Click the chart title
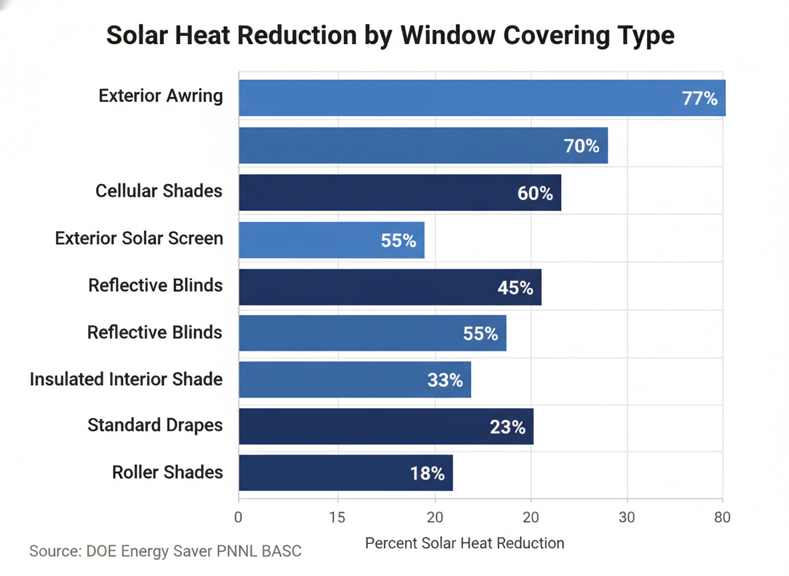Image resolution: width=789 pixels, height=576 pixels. tap(391, 35)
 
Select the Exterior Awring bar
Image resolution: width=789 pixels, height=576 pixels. tap(481, 98)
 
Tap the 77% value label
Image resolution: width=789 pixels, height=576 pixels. tap(699, 99)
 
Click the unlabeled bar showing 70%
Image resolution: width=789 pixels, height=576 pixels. tap(422, 145)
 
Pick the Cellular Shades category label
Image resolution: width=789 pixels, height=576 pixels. tap(159, 191)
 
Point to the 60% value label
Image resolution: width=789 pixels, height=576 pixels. tap(535, 193)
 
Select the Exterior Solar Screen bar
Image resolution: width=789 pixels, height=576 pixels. tap(331, 240)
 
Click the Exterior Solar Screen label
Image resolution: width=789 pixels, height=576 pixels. tap(139, 238)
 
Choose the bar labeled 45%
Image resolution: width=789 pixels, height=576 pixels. tap(389, 287)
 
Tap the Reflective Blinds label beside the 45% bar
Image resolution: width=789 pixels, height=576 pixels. tap(155, 285)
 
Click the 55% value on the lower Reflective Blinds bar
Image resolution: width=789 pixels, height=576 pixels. tap(480, 333)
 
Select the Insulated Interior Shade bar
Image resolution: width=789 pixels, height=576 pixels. tap(355, 379)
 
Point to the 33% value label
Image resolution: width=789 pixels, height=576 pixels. tap(444, 380)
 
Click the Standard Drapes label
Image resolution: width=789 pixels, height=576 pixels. tap(155, 425)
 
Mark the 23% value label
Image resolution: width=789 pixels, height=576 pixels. tap(507, 427)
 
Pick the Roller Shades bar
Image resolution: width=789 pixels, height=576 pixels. tap(345, 473)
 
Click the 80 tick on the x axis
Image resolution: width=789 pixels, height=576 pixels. tap(722, 517)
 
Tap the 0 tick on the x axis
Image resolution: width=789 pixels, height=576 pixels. tap(239, 517)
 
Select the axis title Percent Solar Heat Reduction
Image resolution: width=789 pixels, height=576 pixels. tap(464, 543)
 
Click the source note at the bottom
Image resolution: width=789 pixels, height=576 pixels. tap(165, 551)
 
